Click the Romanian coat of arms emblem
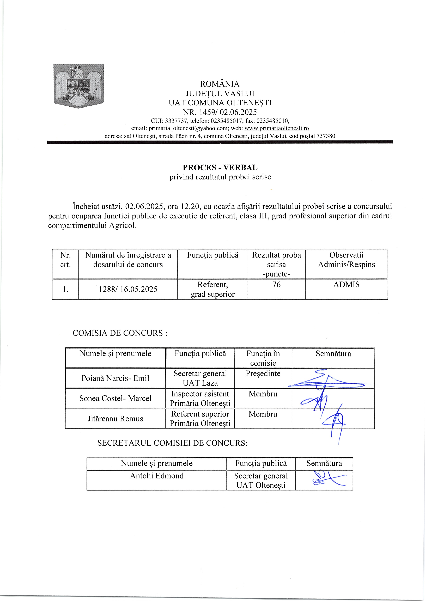[78, 86]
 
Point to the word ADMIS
[346, 285]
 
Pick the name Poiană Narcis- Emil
[115, 378]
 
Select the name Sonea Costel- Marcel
[115, 398]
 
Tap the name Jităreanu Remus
[115, 419]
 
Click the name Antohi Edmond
[157, 476]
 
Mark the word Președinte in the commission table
[263, 373]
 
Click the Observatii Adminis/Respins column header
[346, 260]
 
